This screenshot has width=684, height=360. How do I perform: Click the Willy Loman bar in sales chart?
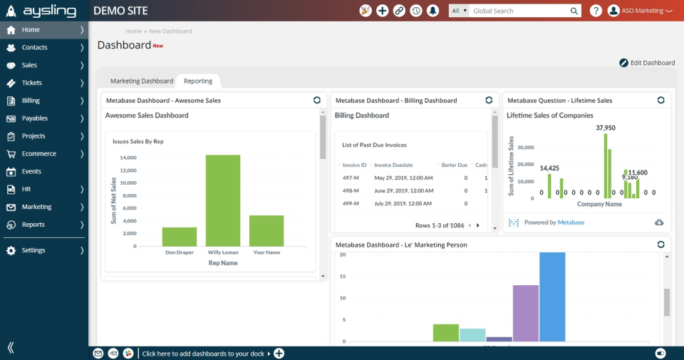coord(223,200)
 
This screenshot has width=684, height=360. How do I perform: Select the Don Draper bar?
coord(180,237)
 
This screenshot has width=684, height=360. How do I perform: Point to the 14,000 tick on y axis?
coord(128,158)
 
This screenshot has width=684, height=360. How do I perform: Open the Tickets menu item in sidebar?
coord(32,83)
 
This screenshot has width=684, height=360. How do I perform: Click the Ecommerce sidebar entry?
coord(38,153)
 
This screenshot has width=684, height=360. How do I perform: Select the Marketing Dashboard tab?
coord(142,81)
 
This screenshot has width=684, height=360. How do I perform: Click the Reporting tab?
coord(198,81)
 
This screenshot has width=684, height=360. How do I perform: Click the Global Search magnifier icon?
coord(574,11)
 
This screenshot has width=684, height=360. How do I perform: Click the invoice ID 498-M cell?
coord(351,190)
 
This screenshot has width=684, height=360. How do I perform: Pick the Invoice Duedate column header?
coord(393,165)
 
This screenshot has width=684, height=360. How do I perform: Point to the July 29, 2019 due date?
coord(403,203)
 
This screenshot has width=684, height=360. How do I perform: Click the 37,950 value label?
coord(606,128)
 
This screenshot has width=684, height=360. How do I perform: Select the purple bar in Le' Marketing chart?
coord(526,313)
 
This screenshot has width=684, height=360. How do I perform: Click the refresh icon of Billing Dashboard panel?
coord(489,101)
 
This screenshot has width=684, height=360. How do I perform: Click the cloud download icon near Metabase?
coord(659,222)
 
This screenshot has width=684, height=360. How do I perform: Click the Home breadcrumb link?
coord(133,31)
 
